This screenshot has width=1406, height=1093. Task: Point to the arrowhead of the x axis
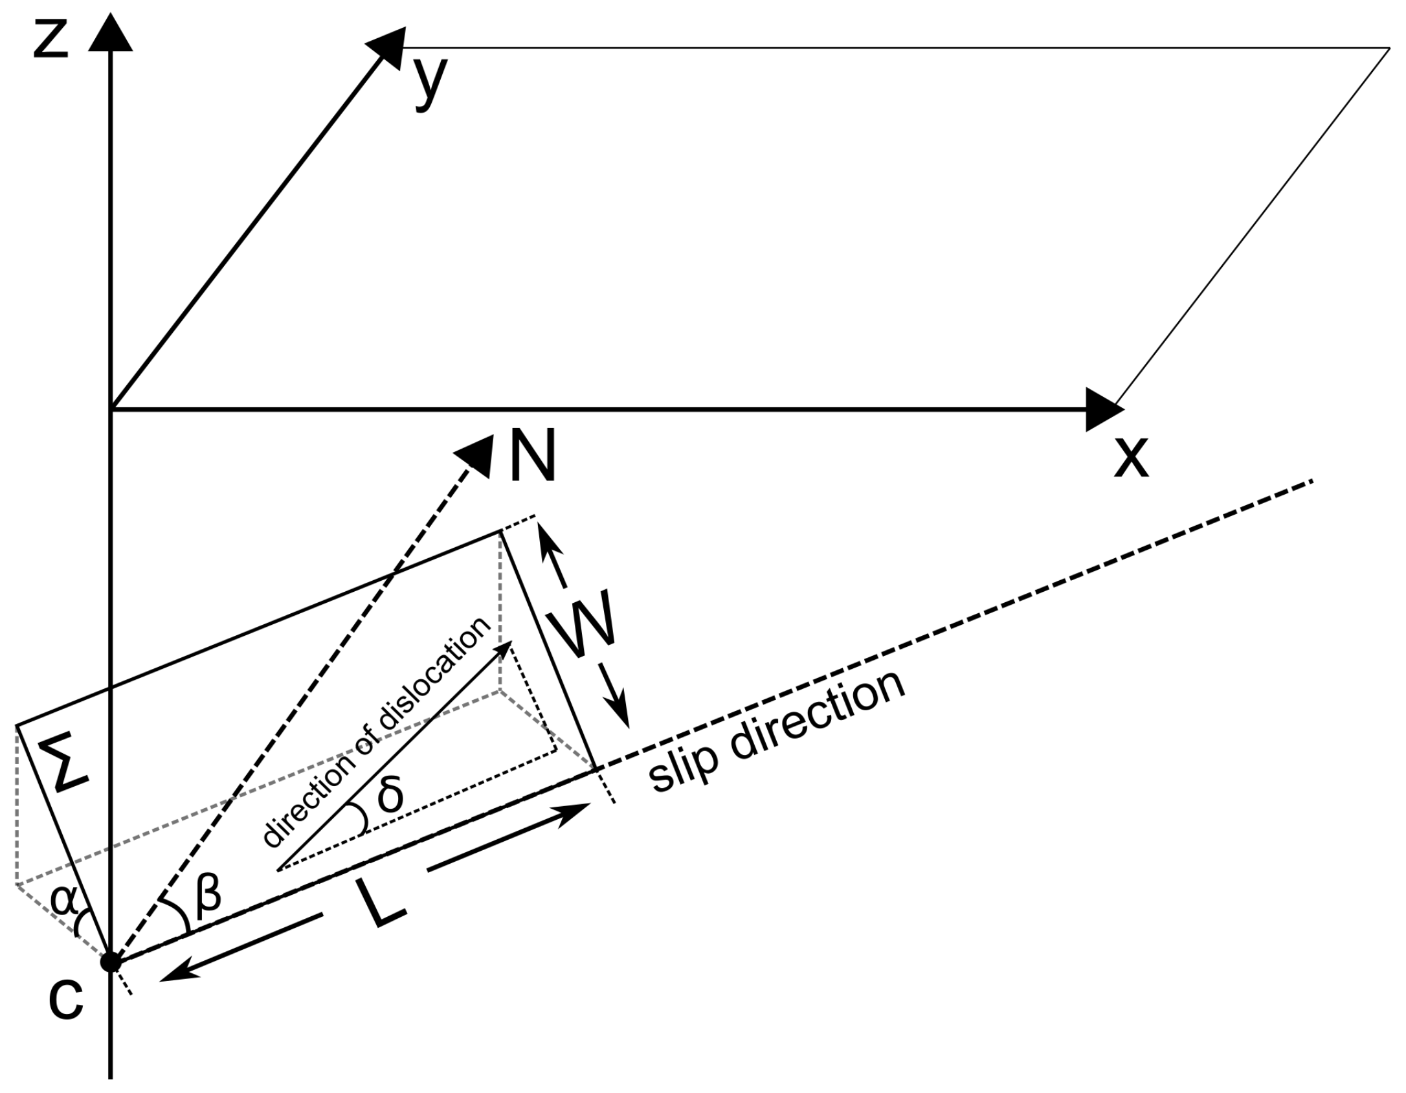click(1102, 409)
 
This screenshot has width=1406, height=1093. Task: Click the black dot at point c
click(111, 962)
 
